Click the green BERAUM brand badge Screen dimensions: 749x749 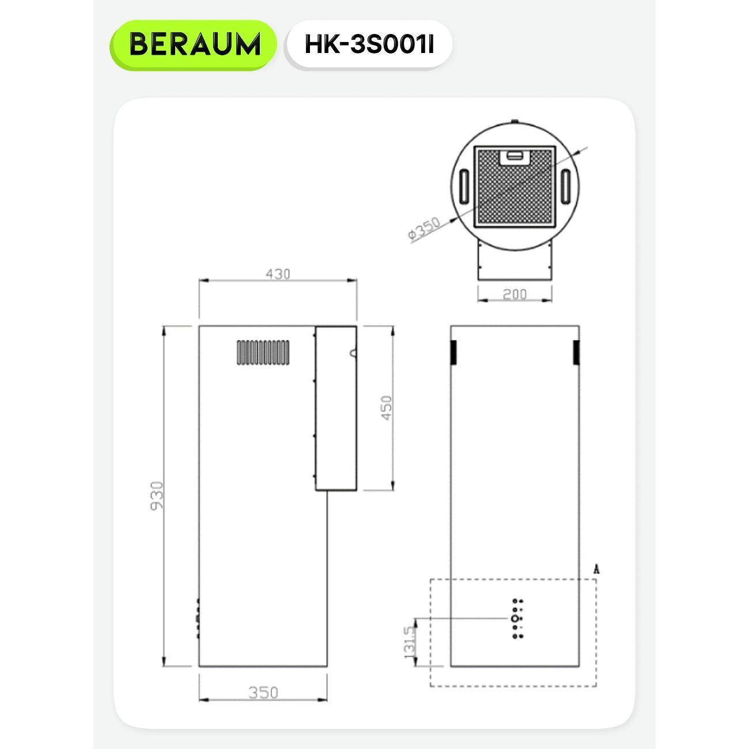tap(193, 45)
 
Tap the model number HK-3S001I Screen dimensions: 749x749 tap(369, 45)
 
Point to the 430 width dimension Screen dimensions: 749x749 tap(278, 274)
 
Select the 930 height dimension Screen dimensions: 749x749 tap(158, 495)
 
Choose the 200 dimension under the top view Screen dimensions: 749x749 tap(515, 294)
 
